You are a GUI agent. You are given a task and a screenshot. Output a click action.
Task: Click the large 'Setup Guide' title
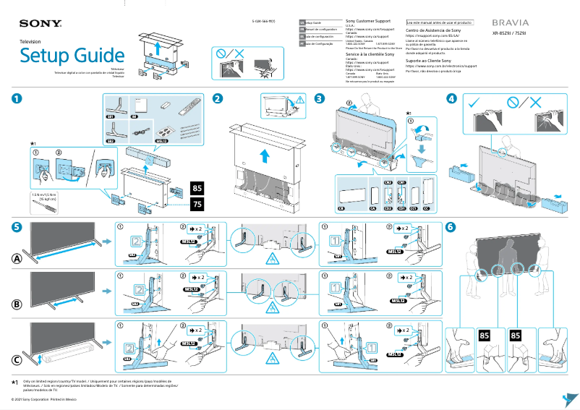point(72,56)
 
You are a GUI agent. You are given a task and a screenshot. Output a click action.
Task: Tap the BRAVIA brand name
point(511,23)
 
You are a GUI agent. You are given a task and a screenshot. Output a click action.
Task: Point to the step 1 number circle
point(16,98)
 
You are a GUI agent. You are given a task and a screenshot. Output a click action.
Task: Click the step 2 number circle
point(217,98)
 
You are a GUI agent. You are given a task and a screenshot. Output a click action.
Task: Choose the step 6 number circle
point(451,226)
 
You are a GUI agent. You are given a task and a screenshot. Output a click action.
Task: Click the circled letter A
point(16,259)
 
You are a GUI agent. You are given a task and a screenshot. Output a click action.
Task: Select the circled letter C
point(16,359)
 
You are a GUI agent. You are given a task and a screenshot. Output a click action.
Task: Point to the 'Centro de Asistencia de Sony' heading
point(434,31)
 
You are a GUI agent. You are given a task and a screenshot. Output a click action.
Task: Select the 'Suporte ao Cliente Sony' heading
point(429,61)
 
